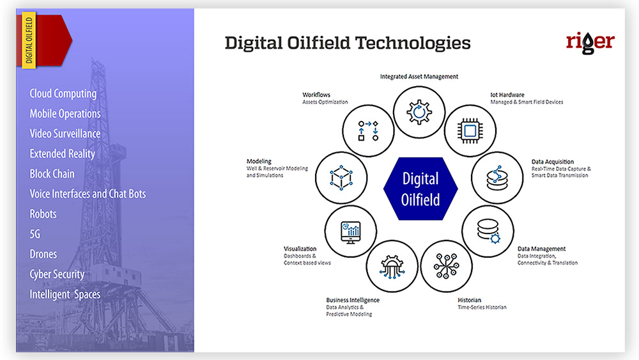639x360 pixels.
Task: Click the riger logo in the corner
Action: point(590,42)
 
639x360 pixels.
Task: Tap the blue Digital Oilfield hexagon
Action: point(420,189)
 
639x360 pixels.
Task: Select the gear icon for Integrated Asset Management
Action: point(419,112)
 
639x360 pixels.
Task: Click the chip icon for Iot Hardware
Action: point(470,131)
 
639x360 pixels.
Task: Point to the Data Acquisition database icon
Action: point(497,178)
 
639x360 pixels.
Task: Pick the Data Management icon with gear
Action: point(489,231)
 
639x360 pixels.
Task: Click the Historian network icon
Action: point(446,266)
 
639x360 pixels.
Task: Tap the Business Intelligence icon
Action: point(392,267)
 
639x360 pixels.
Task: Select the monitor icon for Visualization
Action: point(350,232)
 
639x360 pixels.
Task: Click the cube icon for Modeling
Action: point(341,178)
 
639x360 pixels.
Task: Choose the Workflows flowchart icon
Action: point(368,130)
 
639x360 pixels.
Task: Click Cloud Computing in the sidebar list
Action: point(63,94)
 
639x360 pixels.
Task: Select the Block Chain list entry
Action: point(52,174)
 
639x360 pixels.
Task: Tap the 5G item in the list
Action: point(35,234)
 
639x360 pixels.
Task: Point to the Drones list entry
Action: point(43,254)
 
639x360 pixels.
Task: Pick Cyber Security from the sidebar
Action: point(57,274)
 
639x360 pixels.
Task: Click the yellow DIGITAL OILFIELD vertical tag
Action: point(29,40)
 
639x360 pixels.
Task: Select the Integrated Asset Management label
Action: point(419,76)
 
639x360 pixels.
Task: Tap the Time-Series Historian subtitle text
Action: point(482,307)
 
